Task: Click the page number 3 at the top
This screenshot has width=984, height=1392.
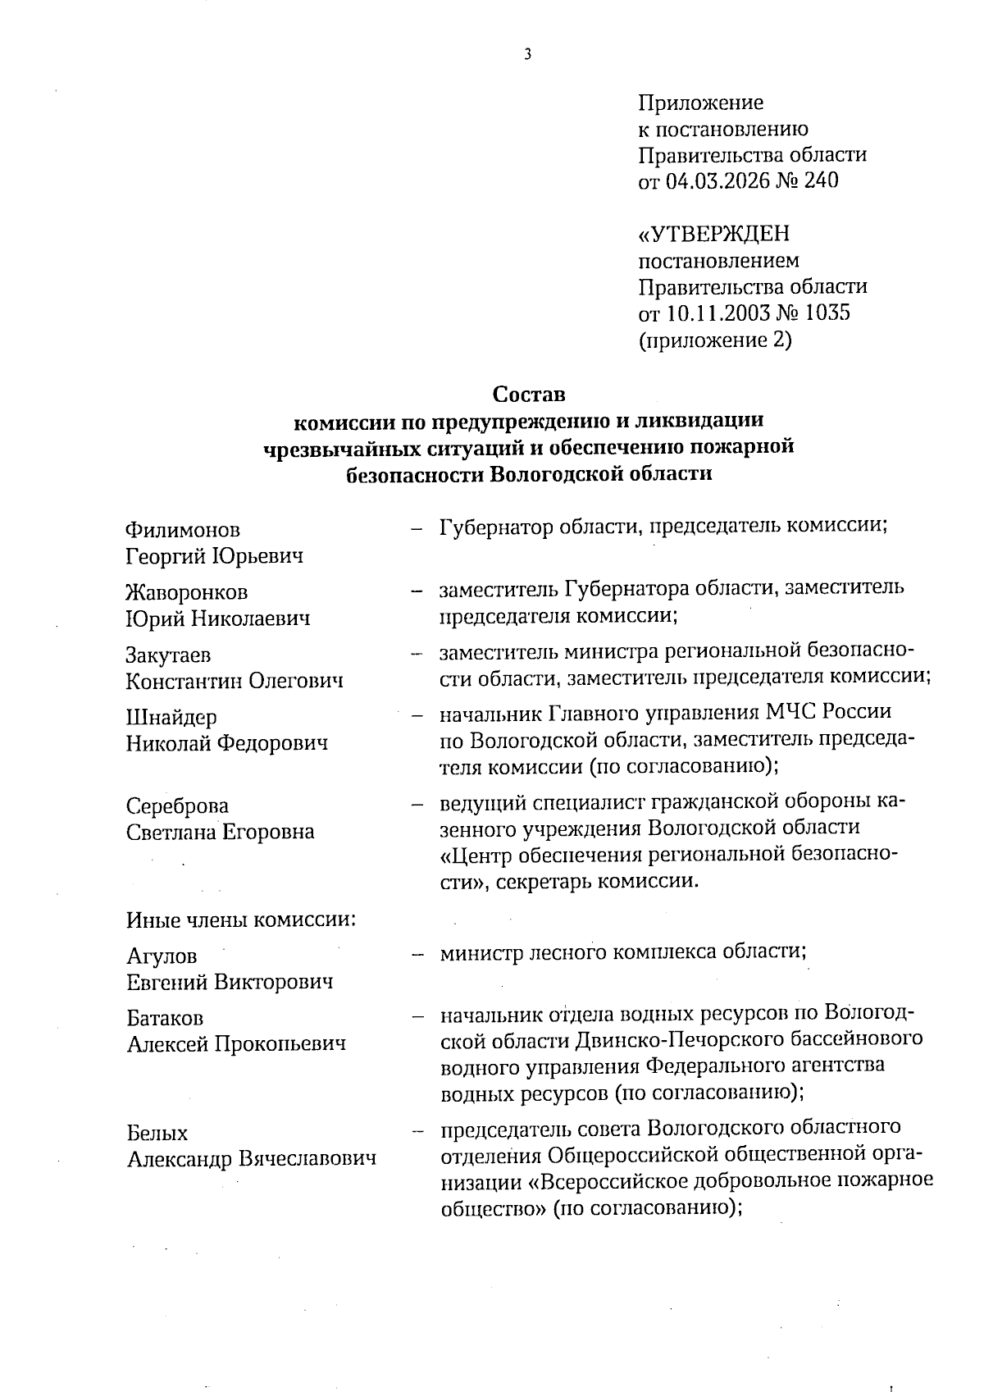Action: [528, 55]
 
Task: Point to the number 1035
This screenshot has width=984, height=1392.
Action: [827, 313]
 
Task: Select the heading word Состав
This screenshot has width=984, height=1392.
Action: [529, 395]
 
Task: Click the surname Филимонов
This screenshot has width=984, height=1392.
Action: [184, 530]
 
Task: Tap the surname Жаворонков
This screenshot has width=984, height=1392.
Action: [187, 592]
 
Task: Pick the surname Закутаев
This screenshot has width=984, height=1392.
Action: [168, 655]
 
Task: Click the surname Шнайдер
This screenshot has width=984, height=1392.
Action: [171, 718]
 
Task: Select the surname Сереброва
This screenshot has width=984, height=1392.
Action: [178, 806]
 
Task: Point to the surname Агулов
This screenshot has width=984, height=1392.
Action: [162, 956]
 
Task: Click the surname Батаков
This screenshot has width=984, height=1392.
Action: [166, 1018]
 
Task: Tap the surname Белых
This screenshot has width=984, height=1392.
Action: [157, 1133]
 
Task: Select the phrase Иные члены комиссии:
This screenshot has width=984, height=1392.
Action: [241, 919]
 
